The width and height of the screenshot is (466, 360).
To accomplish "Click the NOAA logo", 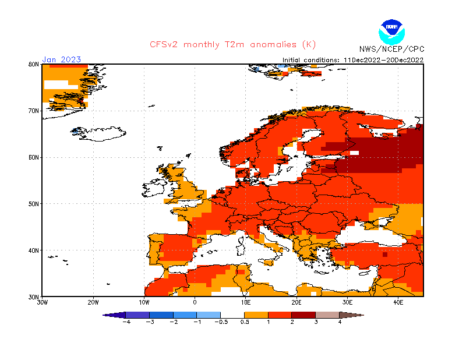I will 390,30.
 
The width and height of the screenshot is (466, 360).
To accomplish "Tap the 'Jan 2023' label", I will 61,59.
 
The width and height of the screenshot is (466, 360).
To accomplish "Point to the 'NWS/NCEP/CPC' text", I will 391,49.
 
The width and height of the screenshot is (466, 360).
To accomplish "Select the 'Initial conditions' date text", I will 353,59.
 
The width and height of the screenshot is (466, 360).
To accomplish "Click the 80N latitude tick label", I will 33,64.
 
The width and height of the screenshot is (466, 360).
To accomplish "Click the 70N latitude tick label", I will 33,111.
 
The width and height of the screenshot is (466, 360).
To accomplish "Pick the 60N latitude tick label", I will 33,157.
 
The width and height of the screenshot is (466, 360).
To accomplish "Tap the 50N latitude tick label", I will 33,204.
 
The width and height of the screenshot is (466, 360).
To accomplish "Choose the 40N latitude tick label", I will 33,250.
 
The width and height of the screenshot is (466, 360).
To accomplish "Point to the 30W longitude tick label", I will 43,303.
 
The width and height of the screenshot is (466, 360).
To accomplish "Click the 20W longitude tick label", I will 93,303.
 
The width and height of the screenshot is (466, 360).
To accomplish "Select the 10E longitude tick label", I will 245,303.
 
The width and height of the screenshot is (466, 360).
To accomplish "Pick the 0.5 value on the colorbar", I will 245,322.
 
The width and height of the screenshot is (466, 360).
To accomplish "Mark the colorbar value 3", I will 316,322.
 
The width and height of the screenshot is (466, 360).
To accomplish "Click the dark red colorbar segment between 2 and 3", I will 303,315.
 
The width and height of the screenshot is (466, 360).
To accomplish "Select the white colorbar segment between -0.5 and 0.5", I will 232,315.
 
